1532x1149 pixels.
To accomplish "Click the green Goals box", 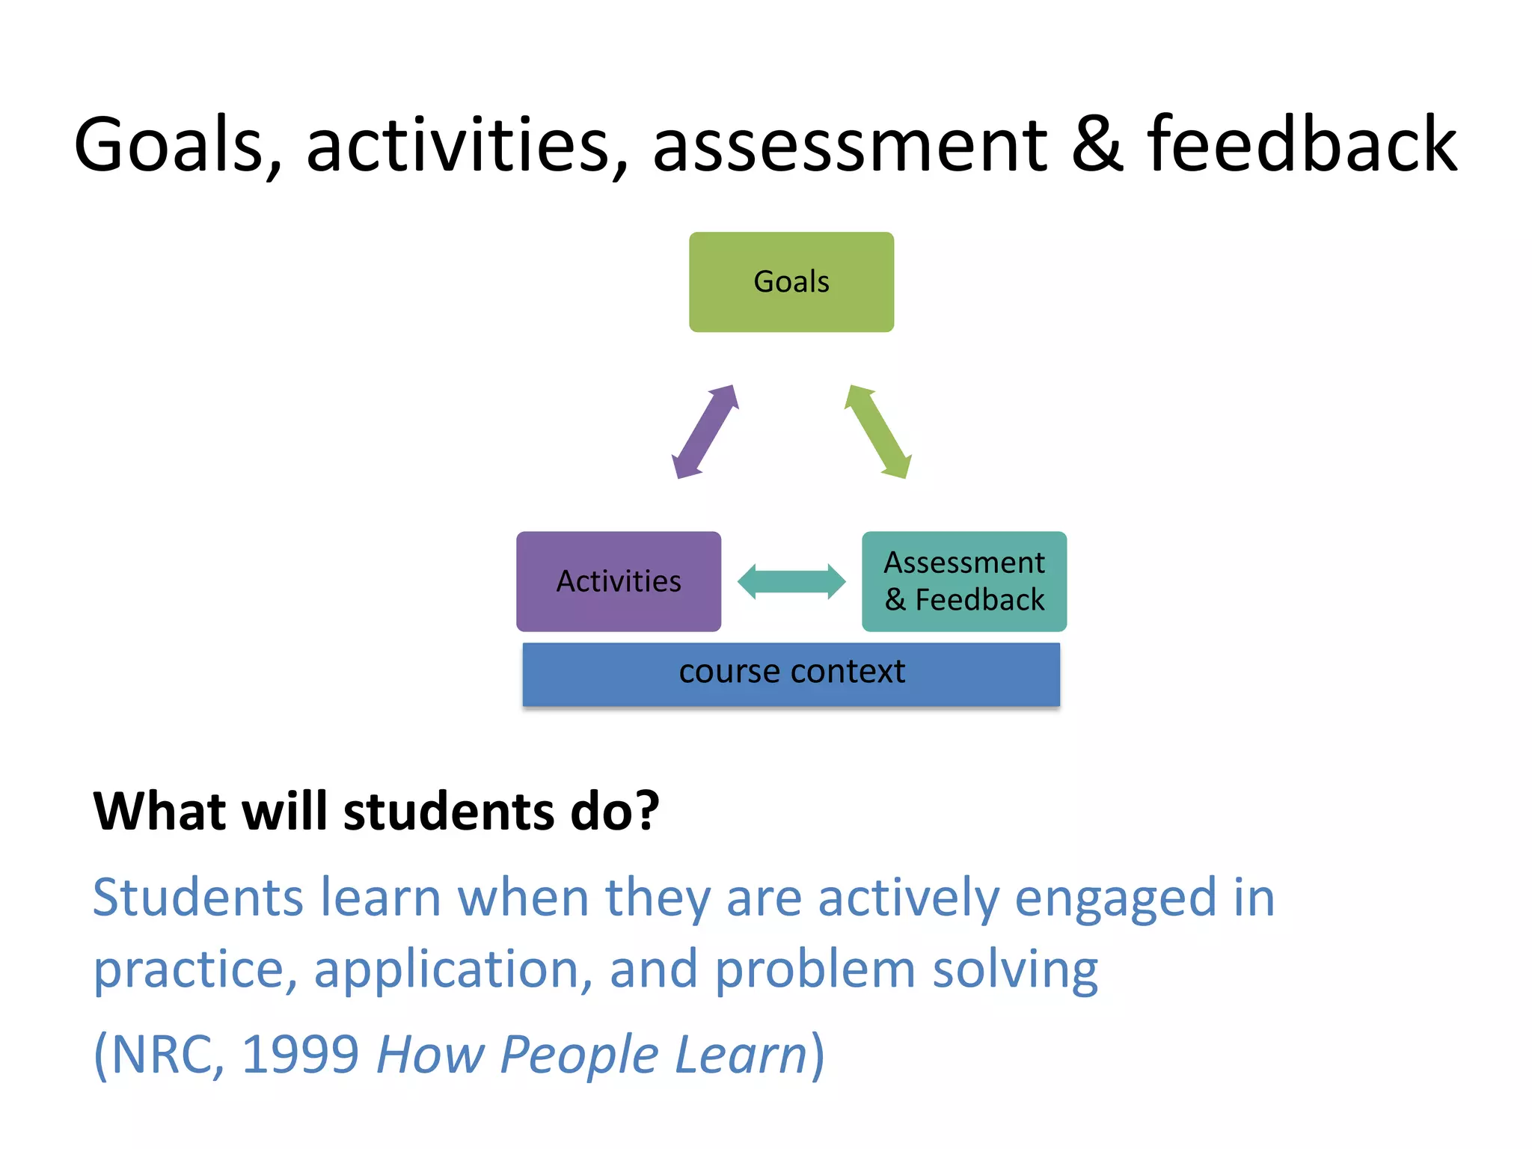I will tap(791, 282).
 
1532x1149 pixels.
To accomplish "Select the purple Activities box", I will tap(618, 581).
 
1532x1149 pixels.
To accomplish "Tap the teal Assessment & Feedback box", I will tap(963, 581).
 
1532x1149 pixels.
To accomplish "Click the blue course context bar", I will tap(791, 673).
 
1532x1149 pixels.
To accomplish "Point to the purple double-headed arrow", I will tap(705, 432).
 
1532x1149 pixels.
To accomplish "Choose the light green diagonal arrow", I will tap(877, 432).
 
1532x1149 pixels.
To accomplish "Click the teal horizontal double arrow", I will tap(791, 582).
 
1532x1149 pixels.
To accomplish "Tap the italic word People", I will tap(578, 1054).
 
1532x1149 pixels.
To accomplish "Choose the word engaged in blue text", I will tap(1115, 898).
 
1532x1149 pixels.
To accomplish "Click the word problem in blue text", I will tap(815, 969).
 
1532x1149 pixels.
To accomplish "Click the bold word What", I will tap(157, 811).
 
